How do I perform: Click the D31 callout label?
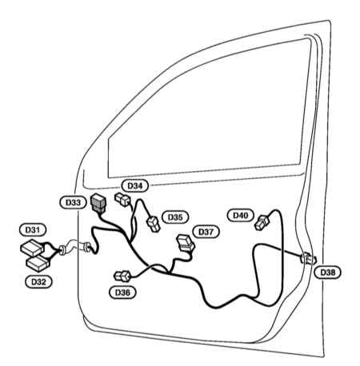[33, 229]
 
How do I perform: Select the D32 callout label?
[39, 281]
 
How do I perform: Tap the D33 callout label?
[73, 202]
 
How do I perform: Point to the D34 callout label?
[135, 185]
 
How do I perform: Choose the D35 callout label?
[175, 217]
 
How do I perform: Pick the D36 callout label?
[122, 292]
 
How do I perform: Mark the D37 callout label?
[206, 232]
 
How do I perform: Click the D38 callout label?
[327, 273]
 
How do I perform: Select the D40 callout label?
[241, 215]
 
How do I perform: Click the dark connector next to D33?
[98, 204]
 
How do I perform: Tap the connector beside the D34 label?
[122, 200]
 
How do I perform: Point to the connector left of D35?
[154, 224]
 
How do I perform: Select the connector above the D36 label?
[122, 276]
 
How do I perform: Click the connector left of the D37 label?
[186, 243]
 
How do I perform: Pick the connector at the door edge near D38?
[309, 258]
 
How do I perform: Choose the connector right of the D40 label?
[262, 223]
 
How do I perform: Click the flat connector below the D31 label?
[32, 248]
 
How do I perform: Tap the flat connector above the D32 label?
[38, 263]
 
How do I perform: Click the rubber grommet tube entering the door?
[75, 247]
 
